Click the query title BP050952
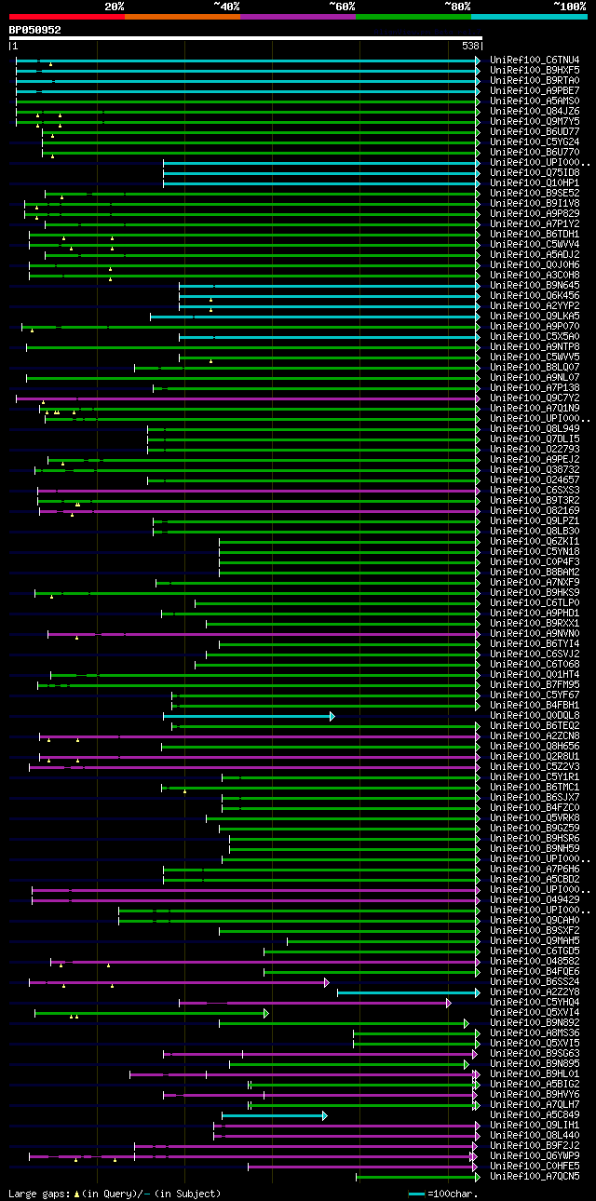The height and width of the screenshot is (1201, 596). (x=34, y=30)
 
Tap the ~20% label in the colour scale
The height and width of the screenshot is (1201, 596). (x=115, y=6)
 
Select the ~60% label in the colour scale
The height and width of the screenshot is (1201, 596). (x=342, y=6)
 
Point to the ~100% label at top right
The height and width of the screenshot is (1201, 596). (x=569, y=6)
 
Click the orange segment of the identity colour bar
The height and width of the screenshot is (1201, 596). (x=182, y=17)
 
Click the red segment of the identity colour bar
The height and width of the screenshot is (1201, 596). (x=66, y=17)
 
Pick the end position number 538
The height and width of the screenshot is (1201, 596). (x=469, y=46)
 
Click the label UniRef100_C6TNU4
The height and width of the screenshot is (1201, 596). (x=534, y=61)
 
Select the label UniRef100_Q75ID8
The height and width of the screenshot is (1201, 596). (x=534, y=173)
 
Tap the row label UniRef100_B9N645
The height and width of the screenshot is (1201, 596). (x=534, y=286)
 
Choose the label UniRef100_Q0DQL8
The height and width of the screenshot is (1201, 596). (x=534, y=716)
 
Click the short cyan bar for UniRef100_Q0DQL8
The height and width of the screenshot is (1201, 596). (x=248, y=716)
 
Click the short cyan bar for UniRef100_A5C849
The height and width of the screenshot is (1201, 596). (x=273, y=1115)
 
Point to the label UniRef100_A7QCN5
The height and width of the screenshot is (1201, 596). (x=534, y=1177)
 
